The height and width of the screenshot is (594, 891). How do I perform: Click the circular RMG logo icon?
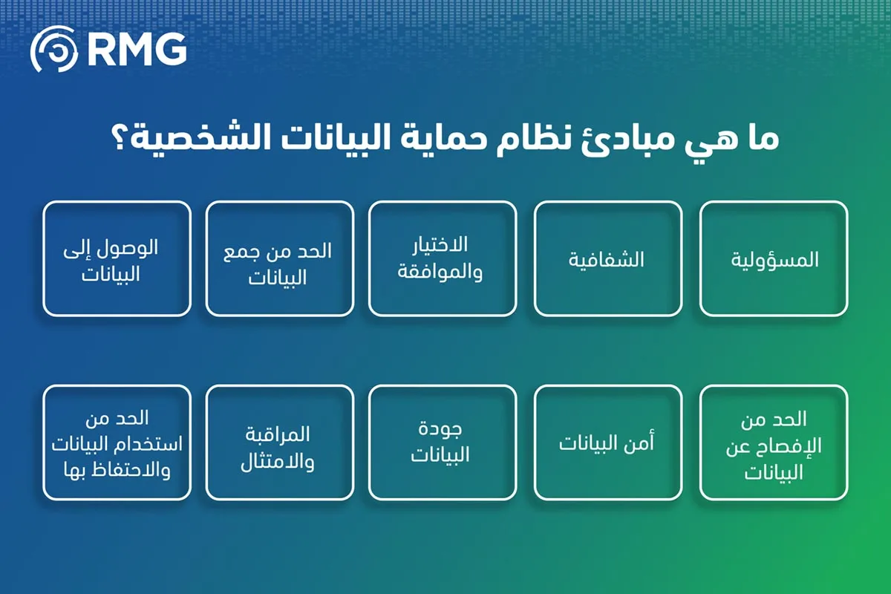(54, 49)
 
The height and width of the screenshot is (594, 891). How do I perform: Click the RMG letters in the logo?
(137, 50)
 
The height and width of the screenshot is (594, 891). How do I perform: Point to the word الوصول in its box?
(128, 248)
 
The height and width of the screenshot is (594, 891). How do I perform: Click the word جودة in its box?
(440, 430)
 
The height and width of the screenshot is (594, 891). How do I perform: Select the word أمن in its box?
(639, 443)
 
